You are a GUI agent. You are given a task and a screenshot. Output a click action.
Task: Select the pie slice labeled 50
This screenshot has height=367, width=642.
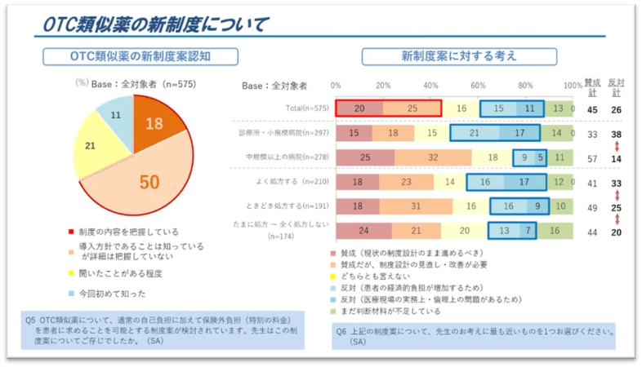pyautogui.click(x=147, y=181)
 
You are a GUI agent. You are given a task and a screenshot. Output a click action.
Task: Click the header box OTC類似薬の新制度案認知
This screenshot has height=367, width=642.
pyautogui.click(x=140, y=56)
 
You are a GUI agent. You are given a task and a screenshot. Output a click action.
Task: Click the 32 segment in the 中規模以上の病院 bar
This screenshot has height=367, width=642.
pyautogui.click(x=433, y=157)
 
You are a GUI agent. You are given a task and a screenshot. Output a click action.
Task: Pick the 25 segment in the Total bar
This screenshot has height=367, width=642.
pyautogui.click(x=412, y=108)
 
